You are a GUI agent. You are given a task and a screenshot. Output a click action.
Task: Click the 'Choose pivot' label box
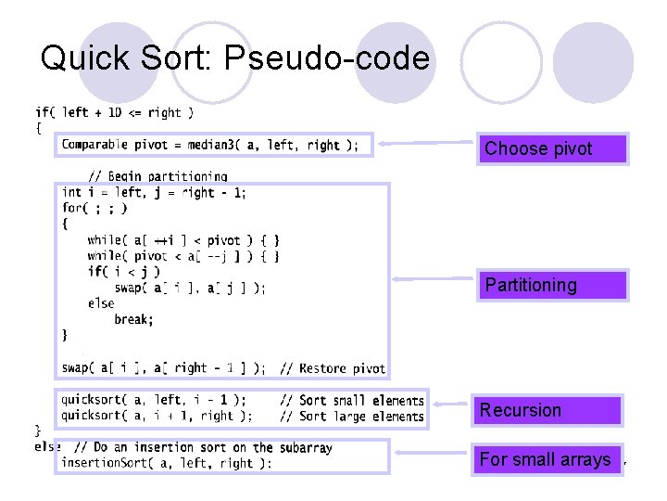click(552, 148)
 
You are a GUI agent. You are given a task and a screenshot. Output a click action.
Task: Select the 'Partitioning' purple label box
click(552, 285)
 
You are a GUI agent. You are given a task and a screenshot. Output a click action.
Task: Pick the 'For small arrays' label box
click(546, 459)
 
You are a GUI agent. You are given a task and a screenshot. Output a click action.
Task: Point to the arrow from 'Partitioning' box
click(434, 277)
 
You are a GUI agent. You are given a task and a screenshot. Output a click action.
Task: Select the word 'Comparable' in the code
click(96, 145)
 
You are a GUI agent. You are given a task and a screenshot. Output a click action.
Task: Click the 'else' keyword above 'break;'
click(101, 303)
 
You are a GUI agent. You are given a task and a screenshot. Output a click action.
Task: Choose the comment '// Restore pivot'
click(332, 368)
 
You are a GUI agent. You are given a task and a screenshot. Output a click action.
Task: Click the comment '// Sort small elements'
click(351, 401)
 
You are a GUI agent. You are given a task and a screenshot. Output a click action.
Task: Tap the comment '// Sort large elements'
click(351, 417)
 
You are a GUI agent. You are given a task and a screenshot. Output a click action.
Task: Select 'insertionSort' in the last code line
click(96, 463)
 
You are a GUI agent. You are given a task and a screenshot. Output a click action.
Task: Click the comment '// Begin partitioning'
click(157, 176)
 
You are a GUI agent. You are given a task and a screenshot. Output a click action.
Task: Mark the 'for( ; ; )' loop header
click(94, 208)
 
